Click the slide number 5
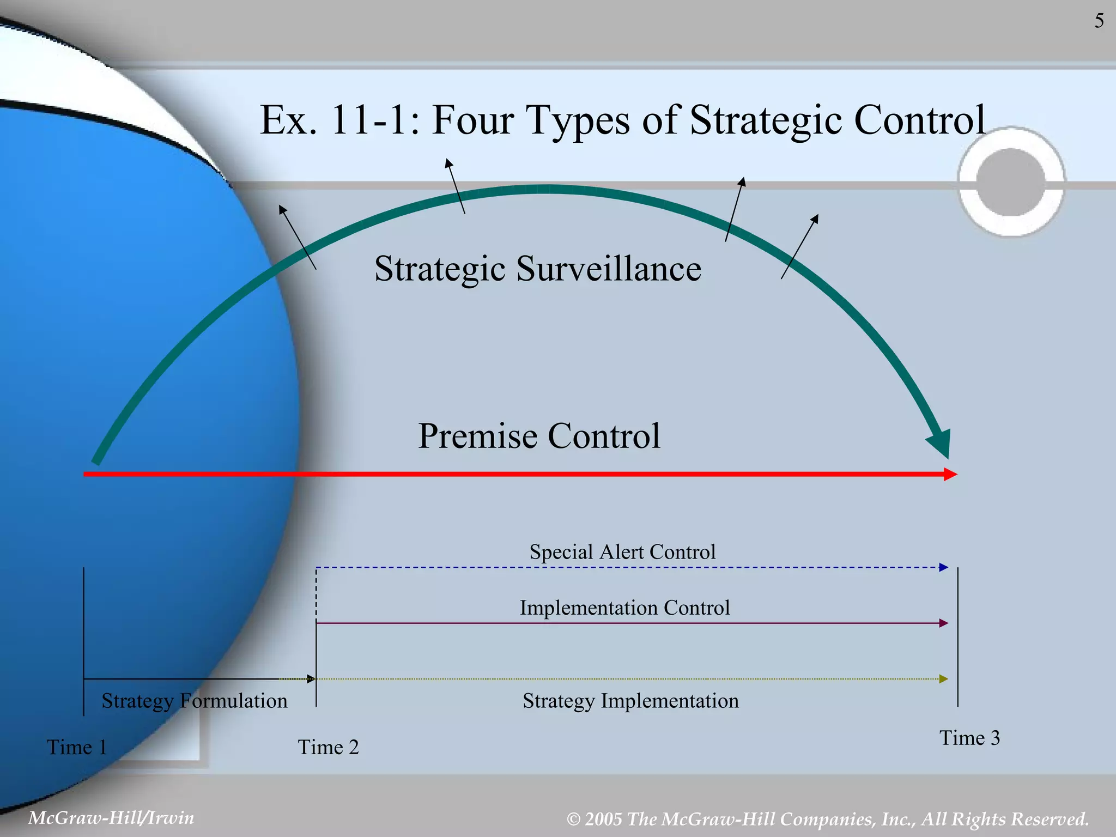point(1099,21)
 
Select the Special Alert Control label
point(622,552)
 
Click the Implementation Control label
point(624,608)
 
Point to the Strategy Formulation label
point(195,701)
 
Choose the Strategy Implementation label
point(630,701)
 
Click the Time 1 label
point(76,747)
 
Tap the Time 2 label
point(328,747)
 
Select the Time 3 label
point(969,738)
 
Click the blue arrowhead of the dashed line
point(944,567)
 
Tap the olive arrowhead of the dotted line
point(944,679)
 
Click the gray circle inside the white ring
point(1011,182)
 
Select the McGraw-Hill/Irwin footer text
point(111,818)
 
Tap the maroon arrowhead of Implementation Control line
point(944,623)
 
